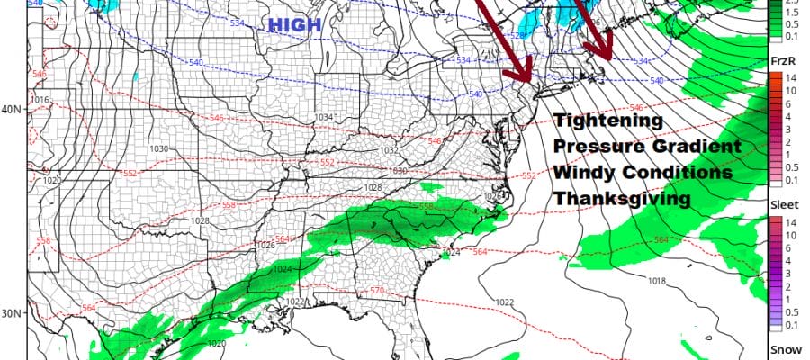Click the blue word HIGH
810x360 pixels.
(x=294, y=27)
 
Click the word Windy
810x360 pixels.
(x=580, y=171)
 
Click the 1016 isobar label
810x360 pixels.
(x=40, y=100)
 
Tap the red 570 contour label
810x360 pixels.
(x=377, y=291)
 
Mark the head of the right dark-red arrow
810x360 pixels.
(x=605, y=56)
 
